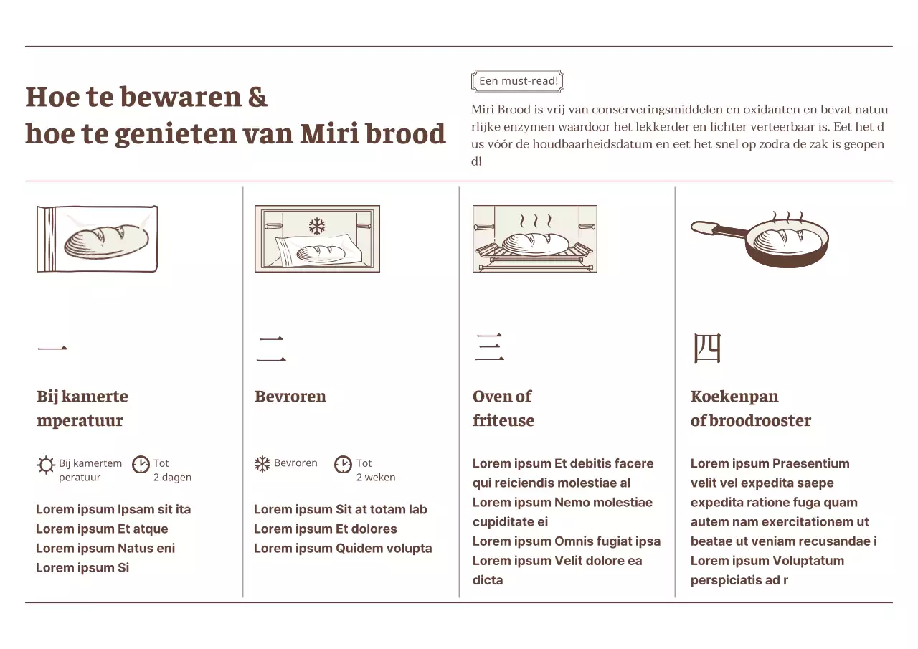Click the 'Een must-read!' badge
[518, 81]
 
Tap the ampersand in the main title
[257, 97]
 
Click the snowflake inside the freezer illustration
[316, 227]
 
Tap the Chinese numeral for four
[706, 348]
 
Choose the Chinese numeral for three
[488, 348]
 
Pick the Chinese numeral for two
[271, 349]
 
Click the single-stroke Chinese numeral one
[52, 349]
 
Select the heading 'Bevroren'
[290, 397]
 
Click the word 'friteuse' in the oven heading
[503, 421]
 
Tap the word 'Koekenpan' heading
[734, 397]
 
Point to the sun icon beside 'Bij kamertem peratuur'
[46, 465]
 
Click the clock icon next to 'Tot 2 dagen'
[141, 465]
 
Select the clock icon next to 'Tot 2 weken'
[344, 465]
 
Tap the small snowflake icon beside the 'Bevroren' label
[262, 464]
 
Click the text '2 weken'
[376, 478]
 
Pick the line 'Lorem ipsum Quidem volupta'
[343, 549]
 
